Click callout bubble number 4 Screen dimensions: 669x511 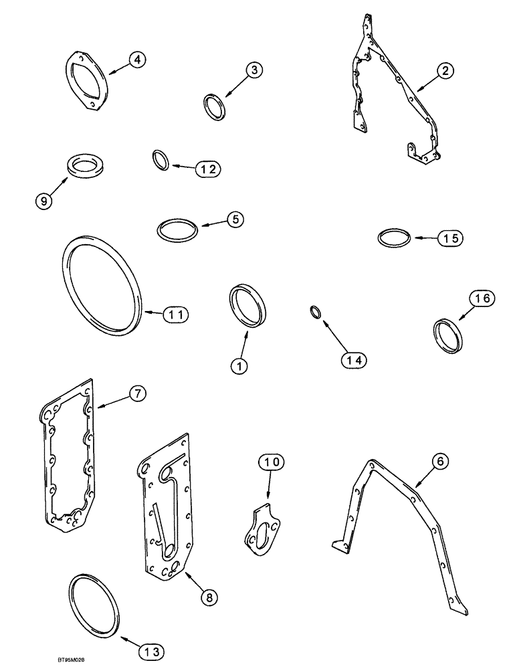[x=136, y=60]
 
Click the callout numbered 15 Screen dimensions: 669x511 [x=449, y=237]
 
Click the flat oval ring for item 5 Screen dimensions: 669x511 [x=178, y=229]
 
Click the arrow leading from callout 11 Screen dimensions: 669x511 [x=154, y=312]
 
